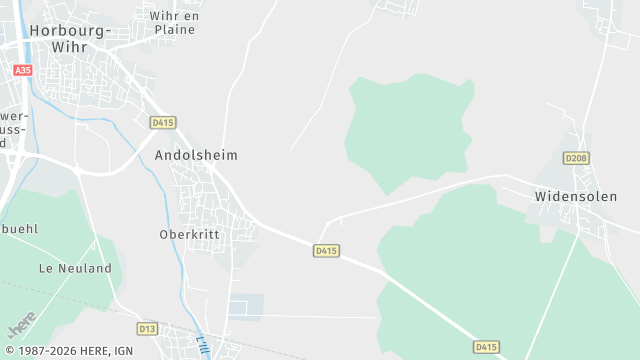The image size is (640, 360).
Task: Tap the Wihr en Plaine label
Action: (x=175, y=23)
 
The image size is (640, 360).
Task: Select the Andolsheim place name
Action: (x=196, y=156)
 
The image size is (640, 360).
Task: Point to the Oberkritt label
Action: (x=189, y=235)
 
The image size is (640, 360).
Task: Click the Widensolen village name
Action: (x=572, y=196)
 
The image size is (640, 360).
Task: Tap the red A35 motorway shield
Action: (x=23, y=70)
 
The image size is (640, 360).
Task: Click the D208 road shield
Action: (x=575, y=158)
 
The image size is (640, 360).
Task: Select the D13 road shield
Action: (x=148, y=328)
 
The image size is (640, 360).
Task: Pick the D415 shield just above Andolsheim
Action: (x=163, y=122)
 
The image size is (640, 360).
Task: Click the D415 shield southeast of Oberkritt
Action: (x=326, y=250)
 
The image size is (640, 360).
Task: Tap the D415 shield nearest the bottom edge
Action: (x=486, y=347)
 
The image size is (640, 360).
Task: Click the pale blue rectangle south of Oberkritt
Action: (x=246, y=306)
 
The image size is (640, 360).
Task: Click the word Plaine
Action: (x=175, y=30)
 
